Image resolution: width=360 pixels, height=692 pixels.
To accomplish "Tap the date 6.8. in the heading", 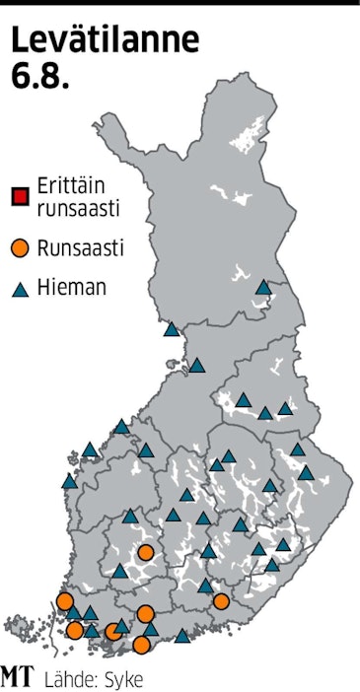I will click(x=40, y=77).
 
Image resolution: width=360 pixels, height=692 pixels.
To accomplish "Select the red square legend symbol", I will click(x=19, y=195).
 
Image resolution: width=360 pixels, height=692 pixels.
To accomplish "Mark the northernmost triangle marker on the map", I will click(x=262, y=288).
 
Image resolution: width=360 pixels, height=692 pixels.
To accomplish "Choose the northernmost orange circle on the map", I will click(x=145, y=553).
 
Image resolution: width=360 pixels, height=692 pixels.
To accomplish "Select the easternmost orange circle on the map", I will click(x=221, y=600).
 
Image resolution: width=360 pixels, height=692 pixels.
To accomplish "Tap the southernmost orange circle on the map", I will click(x=142, y=645).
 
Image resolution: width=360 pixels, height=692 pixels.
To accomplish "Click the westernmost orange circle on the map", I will click(x=65, y=601).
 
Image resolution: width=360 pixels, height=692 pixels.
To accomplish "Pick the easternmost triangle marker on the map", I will click(x=307, y=473).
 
